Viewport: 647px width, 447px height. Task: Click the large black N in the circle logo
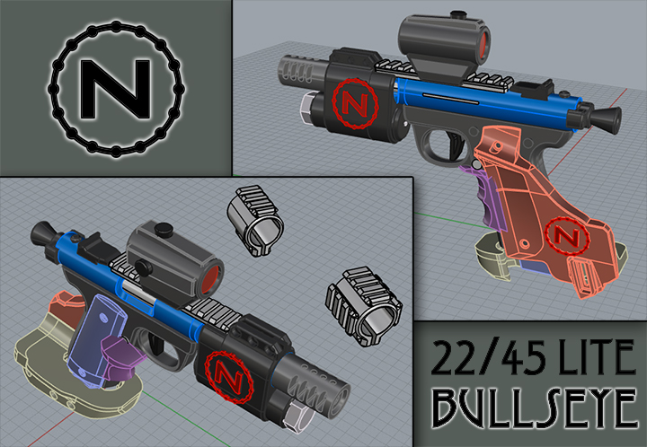(115, 89)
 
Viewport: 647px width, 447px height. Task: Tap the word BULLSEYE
(536, 408)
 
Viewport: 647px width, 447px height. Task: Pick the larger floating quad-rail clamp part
(364, 306)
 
